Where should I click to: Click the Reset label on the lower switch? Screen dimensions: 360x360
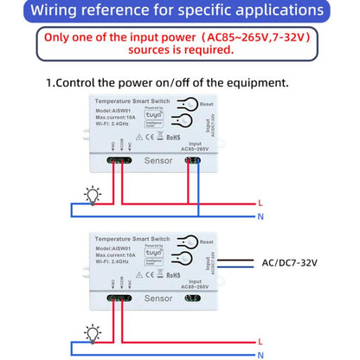206,241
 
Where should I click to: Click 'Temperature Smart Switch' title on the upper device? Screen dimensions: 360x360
124,102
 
